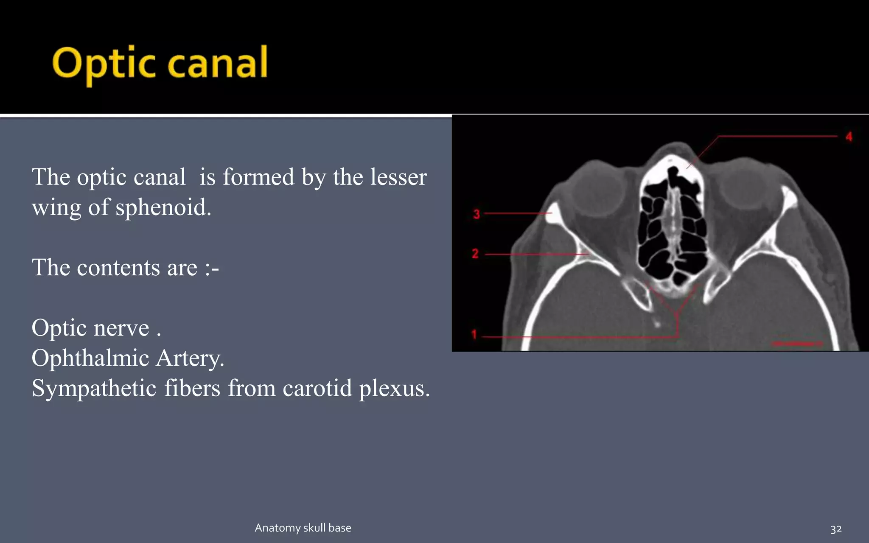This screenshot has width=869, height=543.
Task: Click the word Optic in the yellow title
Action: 104,64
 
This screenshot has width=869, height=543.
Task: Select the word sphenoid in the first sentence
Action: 163,207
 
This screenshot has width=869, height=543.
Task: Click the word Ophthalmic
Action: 90,358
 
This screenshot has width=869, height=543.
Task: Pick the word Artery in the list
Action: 189,358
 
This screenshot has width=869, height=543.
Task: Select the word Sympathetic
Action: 94,388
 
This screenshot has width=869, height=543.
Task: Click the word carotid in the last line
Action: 317,388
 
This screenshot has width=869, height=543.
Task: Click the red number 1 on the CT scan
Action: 474,335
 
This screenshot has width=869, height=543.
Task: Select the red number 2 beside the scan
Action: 475,254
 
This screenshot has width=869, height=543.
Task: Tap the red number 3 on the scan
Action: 477,214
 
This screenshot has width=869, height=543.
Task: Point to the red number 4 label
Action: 849,137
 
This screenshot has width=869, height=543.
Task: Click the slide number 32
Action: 836,529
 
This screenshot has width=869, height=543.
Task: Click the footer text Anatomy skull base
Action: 303,528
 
